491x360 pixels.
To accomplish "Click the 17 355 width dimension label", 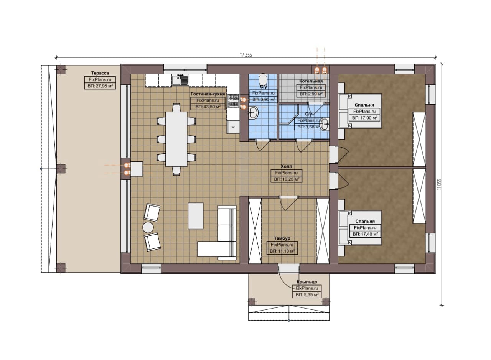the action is [x=246, y=55].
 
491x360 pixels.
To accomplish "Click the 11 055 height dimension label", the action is [x=439, y=184].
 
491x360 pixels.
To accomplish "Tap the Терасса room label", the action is [x=100, y=73].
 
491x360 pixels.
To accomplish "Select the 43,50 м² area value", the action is [x=208, y=107].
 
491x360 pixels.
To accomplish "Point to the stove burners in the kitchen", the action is [x=233, y=101].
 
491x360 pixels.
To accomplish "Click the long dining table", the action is [x=176, y=139].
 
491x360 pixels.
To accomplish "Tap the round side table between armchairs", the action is [x=148, y=227].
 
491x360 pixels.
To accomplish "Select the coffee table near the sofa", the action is [x=196, y=216].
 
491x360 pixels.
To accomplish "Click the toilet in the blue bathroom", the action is [x=263, y=79].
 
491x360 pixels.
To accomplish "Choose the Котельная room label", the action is [x=311, y=81].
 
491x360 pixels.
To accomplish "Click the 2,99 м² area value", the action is [x=311, y=94].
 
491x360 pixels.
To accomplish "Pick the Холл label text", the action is [x=287, y=166].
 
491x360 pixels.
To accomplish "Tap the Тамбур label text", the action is [x=282, y=238].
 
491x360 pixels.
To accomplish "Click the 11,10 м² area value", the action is [x=282, y=251].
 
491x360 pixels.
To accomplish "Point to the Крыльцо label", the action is [x=307, y=282].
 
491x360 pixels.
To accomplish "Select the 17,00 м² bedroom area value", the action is [x=365, y=118].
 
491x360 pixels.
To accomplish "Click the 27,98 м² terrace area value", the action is [x=100, y=86].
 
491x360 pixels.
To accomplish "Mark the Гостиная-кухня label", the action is [x=208, y=94].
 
